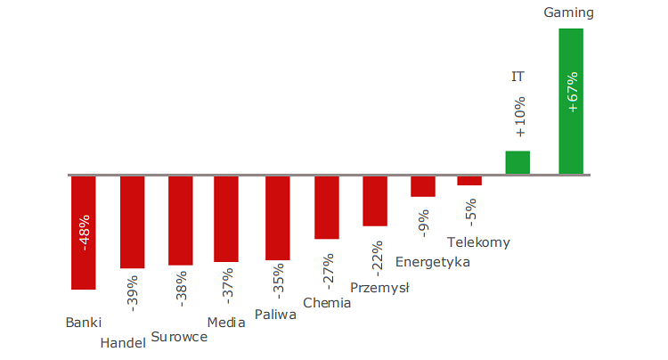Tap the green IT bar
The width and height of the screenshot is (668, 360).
(517, 162)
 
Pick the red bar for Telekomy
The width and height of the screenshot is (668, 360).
(469, 180)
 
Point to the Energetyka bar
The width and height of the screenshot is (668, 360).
(423, 185)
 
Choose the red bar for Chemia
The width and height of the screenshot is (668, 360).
(327, 207)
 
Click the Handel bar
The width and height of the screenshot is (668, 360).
(132, 221)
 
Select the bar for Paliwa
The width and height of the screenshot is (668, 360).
(278, 217)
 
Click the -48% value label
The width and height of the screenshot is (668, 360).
(85, 232)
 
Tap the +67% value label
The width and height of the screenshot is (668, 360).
(572, 93)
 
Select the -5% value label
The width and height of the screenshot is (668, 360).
(470, 210)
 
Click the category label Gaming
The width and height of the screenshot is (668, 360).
(567, 12)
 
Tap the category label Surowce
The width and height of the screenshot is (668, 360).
(179, 337)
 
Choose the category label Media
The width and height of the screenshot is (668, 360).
(226, 323)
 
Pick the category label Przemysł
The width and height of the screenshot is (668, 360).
(379, 287)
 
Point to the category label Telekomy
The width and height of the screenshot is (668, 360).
(478, 242)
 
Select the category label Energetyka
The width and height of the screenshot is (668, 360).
(432, 262)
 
